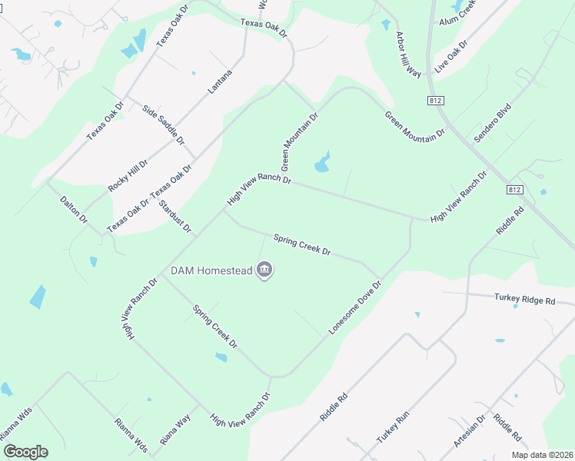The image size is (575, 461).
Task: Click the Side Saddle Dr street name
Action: [164, 125]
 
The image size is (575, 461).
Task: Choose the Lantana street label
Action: [220, 81]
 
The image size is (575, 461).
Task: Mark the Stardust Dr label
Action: [175, 216]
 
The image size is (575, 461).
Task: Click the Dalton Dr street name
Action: [75, 209]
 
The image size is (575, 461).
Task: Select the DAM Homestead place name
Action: [212, 270]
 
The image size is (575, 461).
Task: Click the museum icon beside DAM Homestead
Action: [264, 270]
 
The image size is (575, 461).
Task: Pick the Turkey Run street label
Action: [393, 428]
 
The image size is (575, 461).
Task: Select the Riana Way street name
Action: [174, 429]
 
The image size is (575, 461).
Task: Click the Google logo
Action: [25, 452]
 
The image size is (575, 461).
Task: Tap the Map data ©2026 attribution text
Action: [541, 455]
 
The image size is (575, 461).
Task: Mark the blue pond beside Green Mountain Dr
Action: [322, 163]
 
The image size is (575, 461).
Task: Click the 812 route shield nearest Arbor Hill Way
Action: [435, 101]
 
